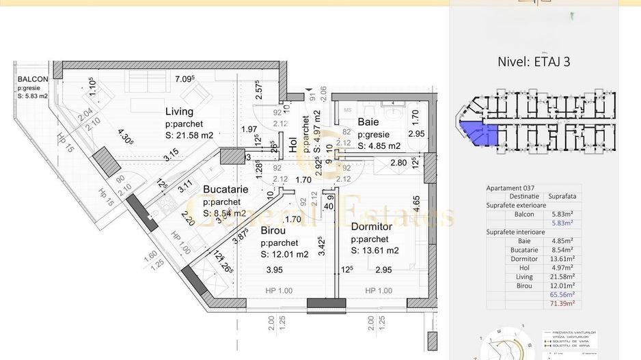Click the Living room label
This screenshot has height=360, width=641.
[179, 111]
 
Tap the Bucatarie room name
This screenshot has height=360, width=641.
[226, 190]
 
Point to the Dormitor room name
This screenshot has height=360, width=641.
[371, 226]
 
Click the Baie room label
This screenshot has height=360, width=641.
[368, 123]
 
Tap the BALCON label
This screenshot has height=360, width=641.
[33, 79]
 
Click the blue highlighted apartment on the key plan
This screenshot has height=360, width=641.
[478, 134]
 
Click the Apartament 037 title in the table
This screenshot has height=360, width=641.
[510, 188]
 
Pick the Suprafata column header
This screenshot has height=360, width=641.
[562, 196]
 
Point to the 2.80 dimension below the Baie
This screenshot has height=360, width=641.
[399, 163]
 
